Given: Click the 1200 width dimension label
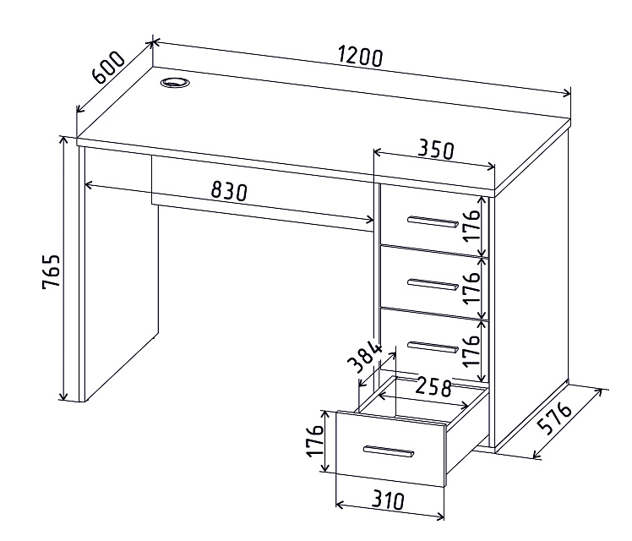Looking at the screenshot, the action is pos(360,57).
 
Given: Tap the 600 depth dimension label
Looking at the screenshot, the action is pos(109,67).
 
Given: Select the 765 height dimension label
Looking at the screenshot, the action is pos(52,270).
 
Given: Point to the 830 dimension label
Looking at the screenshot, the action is pos(228,191).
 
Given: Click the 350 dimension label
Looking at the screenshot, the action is pos(436,149).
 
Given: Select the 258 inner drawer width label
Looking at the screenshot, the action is pos(433,387).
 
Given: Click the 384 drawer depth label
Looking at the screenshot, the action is pos(365,358).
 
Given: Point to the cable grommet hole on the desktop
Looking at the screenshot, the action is pos(176,83).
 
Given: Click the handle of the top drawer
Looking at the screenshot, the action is pos(433,221).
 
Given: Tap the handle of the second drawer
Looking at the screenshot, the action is pos(433,284).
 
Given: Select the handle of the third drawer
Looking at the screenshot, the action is pos(433,347).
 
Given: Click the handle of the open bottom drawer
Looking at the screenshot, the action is pos(388,451).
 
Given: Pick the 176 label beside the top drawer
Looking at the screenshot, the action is pos(471,225).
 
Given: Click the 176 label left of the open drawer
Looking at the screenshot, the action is pos(315,440).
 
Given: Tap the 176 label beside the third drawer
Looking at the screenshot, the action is pos(471,350).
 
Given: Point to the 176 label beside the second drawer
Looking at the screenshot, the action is pos(471,288).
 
